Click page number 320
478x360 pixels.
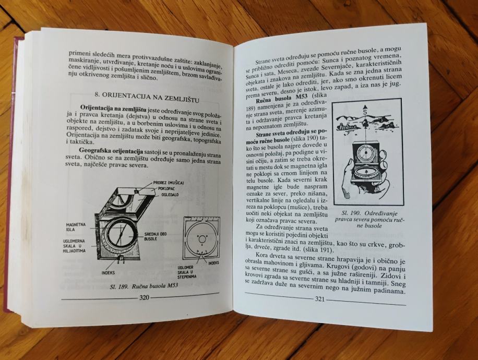pyautogui.click(x=144, y=297)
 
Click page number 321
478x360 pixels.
pyautogui.click(x=319, y=299)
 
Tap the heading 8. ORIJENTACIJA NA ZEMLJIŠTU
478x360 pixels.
pyautogui.click(x=147, y=97)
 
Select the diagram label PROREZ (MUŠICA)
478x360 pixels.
pyautogui.click(x=168, y=183)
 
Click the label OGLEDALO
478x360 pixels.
pyautogui.click(x=170, y=194)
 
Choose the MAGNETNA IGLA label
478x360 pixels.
pyautogui.click(x=76, y=227)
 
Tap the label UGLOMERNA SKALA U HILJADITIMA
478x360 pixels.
pyautogui.click(x=74, y=246)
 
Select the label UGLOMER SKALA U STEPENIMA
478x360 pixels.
pyautogui.click(x=187, y=272)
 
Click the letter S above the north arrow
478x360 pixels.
pyautogui.click(x=365, y=112)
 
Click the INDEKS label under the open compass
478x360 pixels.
pyautogui.click(x=108, y=272)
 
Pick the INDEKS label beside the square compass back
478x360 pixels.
pyautogui.click(x=213, y=262)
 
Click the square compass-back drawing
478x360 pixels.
pyautogui.click(x=201, y=237)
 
